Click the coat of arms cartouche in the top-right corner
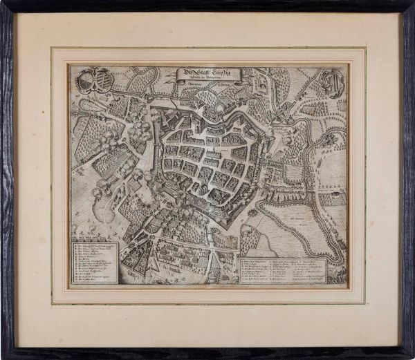pyautogui.click(x=332, y=83)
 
